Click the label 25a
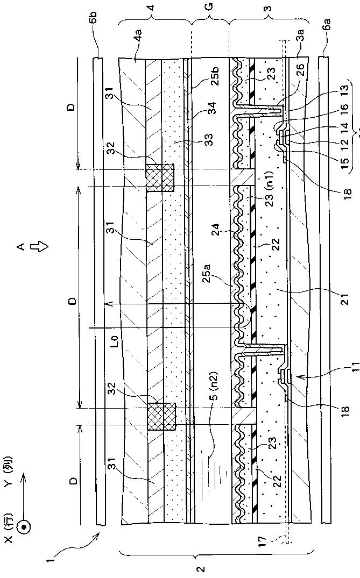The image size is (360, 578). (222, 279)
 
